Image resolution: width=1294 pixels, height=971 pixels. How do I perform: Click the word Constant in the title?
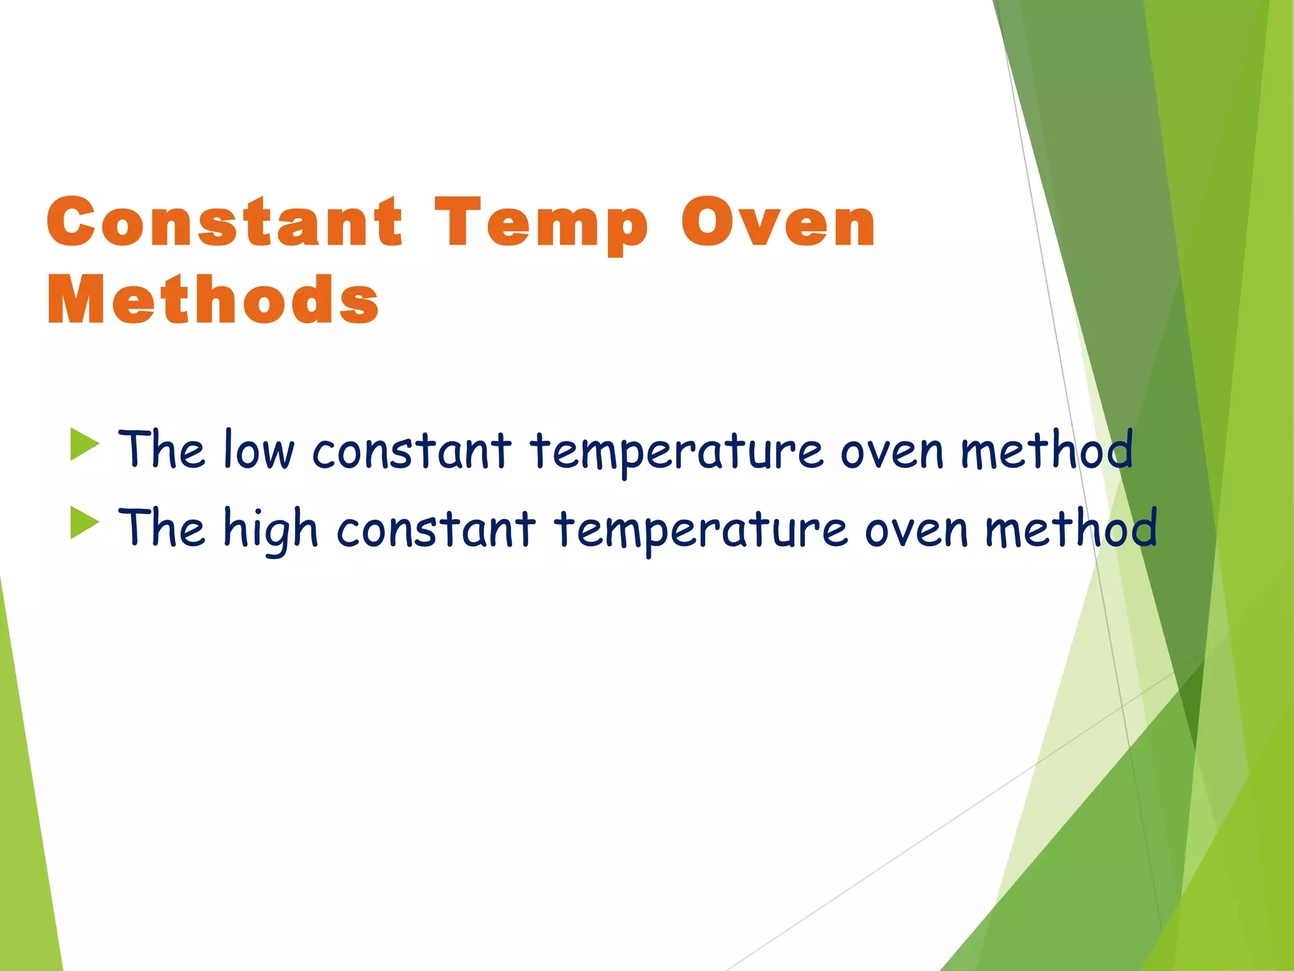pos(224,223)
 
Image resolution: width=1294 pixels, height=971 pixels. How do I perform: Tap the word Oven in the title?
pos(778,223)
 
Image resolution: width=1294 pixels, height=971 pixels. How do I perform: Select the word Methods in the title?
pos(213,301)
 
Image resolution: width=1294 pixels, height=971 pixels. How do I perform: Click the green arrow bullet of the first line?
pos(85,444)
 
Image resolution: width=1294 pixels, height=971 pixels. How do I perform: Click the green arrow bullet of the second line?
pos(85,523)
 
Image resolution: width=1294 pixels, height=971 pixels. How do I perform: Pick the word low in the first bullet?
pos(259,449)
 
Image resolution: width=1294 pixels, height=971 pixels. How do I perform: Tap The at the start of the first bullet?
pos(162,449)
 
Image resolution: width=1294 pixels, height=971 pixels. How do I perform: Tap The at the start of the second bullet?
pos(162,528)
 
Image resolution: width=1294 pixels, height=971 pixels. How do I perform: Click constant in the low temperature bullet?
pos(411,451)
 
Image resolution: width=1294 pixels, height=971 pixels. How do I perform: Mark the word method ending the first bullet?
pos(1046,449)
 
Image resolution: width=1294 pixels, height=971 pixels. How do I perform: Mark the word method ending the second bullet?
pos(1070,528)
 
